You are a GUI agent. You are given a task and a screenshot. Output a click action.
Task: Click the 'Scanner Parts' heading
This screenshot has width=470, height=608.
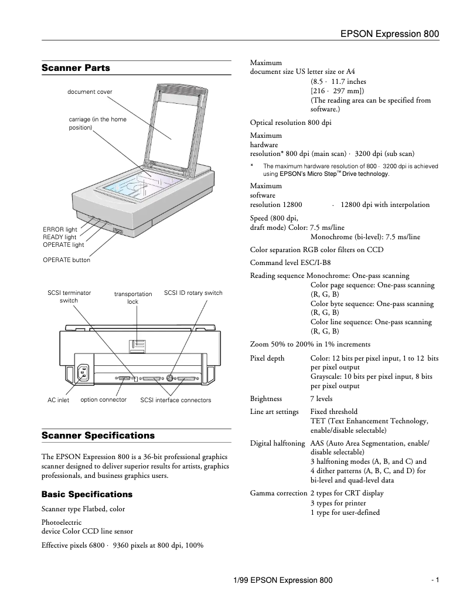[76, 68]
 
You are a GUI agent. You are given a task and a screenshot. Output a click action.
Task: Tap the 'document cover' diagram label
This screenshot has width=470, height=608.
[90, 92]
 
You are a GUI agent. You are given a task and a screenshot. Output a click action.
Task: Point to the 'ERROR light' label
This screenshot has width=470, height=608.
[60, 229]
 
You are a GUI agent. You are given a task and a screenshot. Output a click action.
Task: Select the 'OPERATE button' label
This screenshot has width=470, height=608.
[66, 260]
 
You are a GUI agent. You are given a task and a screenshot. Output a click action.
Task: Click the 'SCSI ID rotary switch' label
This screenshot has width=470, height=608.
[193, 293]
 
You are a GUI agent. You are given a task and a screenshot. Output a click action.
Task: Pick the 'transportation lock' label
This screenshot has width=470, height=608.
[133, 298]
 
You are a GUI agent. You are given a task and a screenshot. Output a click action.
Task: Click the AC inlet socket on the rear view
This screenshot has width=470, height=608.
[83, 373]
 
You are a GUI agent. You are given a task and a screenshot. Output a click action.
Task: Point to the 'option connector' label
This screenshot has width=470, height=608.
[104, 400]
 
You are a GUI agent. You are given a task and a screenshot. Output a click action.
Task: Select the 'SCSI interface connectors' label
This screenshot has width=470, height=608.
[176, 400]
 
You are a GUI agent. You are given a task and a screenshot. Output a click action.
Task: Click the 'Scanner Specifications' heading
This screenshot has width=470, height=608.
[98, 436]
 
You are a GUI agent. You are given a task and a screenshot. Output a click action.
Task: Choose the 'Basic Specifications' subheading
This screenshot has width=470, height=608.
[87, 494]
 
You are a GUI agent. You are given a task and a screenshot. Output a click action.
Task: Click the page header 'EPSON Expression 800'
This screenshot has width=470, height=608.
[390, 35]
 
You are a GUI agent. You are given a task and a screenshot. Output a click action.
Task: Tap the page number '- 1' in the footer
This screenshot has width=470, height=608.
[435, 580]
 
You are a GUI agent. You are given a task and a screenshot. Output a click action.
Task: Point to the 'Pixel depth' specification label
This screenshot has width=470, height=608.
[267, 358]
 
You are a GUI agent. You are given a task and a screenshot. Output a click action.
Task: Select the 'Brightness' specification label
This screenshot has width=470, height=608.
[266, 399]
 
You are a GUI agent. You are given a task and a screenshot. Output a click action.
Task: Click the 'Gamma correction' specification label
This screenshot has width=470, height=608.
[278, 493]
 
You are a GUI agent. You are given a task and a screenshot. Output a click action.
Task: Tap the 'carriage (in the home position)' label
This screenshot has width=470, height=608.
[97, 123]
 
